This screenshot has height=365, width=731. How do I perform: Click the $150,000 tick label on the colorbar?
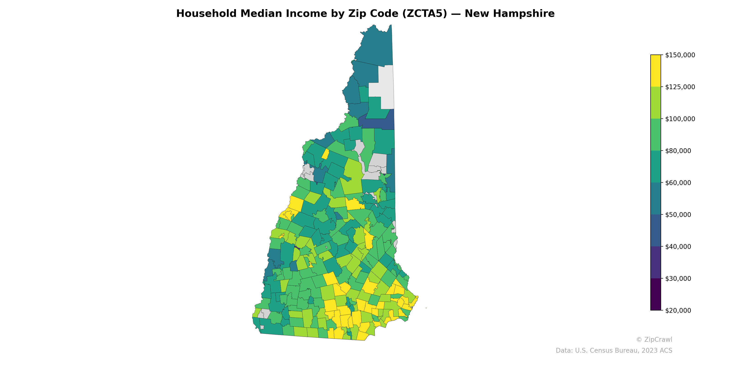tap(680, 55)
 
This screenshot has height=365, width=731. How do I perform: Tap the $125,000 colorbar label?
tap(680, 87)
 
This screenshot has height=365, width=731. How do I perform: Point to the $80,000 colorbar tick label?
tap(678, 151)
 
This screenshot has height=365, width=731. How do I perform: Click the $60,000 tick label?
tap(678, 183)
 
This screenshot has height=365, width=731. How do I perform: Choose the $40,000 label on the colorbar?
tap(678, 247)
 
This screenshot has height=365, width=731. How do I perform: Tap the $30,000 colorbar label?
tap(678, 279)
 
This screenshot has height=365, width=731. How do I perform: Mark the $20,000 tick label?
tap(678, 310)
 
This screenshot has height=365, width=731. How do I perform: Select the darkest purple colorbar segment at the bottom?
tap(656, 295)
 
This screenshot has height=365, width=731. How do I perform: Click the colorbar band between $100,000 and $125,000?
tap(656, 103)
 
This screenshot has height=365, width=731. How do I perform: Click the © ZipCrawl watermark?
tap(654, 339)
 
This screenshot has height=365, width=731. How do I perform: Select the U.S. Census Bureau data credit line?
tap(614, 351)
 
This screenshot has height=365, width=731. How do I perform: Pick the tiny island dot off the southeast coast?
tap(426, 308)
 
